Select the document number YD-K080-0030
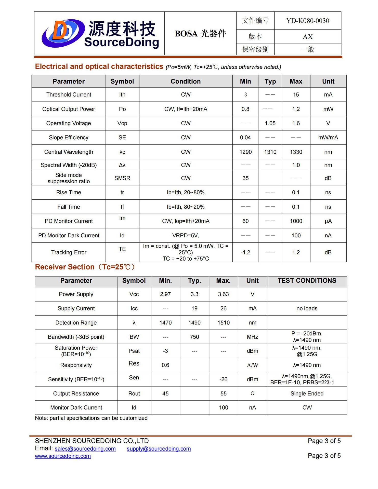coord(307,21)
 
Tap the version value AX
coord(307,37)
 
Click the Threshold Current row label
coord(69,94)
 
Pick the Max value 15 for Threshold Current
coord(296,94)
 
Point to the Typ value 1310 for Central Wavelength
coord(270,152)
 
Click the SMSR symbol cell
coord(122,178)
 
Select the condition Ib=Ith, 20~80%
coord(186,192)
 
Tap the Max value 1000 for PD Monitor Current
coord(296,221)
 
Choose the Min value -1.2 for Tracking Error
coord(245,252)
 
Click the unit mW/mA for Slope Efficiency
coord(328,138)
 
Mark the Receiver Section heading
coord(85,267)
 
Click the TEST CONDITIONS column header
coord(307,280)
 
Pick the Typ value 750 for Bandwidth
coord(194,337)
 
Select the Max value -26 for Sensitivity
coord(223,379)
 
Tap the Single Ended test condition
coord(307,393)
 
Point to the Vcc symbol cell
coord(134,294)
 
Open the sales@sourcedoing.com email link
coord(85,449)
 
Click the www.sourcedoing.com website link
coord(63,456)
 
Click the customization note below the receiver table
coord(91,418)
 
